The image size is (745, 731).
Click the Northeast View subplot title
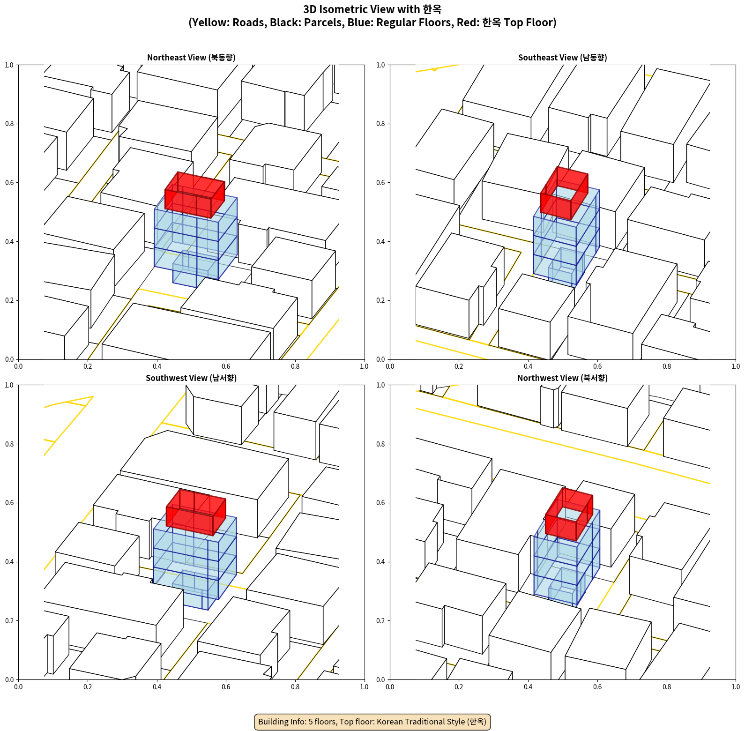pyautogui.click(x=191, y=57)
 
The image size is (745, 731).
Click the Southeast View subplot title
pyautogui.click(x=562, y=57)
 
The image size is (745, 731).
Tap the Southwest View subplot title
pyautogui.click(x=191, y=378)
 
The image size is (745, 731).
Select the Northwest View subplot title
pyautogui.click(x=562, y=378)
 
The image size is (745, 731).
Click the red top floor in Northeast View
pyautogui.click(x=194, y=194)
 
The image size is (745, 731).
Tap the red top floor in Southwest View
pyautogui.click(x=196, y=512)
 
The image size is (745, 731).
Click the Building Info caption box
pyautogui.click(x=372, y=722)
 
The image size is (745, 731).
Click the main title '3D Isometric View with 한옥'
pyautogui.click(x=372, y=9)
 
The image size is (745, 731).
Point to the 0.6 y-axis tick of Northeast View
pyautogui.click(x=9, y=183)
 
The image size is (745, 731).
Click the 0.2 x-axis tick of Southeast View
pyautogui.click(x=459, y=366)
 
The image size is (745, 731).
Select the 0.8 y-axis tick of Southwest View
pyautogui.click(x=9, y=444)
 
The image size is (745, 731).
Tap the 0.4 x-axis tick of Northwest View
pyautogui.click(x=528, y=687)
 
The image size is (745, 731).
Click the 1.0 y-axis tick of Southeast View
pyautogui.click(x=380, y=65)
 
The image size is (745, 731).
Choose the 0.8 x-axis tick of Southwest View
pyautogui.click(x=295, y=687)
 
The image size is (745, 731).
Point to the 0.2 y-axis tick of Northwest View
pyautogui.click(x=380, y=620)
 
